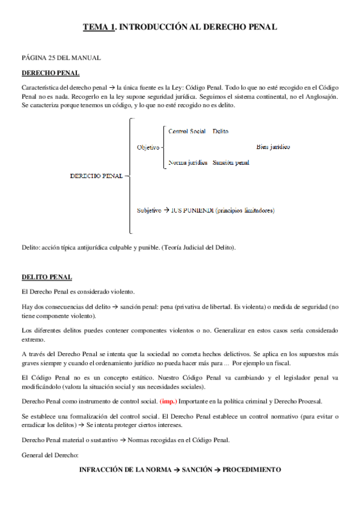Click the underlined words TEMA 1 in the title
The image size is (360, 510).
(x=97, y=27)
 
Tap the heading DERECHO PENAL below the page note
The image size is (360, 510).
(x=50, y=73)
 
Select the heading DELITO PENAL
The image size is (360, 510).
(x=47, y=277)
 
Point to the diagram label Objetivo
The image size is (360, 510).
(x=148, y=147)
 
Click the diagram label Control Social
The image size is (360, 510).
(x=187, y=131)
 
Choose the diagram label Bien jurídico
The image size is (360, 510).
(x=273, y=146)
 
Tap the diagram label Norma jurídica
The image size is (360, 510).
(x=188, y=162)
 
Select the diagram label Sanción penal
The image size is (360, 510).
(x=231, y=162)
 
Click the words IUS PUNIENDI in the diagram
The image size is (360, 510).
(x=190, y=210)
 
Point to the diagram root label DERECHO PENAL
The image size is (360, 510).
(x=96, y=176)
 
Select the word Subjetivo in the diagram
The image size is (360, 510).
(x=149, y=210)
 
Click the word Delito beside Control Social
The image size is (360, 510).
(x=220, y=131)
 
